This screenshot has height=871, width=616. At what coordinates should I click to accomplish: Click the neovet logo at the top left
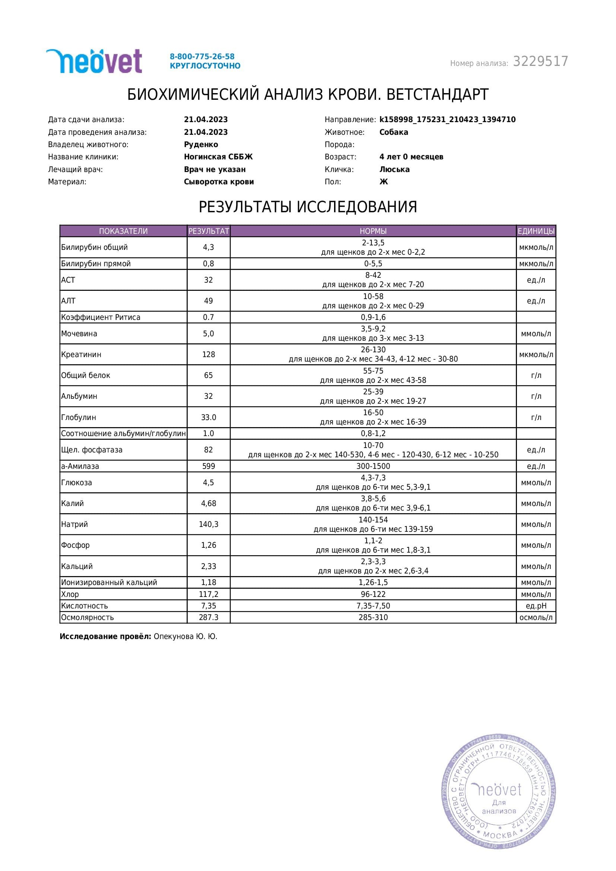click(x=94, y=61)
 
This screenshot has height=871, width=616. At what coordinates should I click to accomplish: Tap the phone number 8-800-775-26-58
click(x=202, y=57)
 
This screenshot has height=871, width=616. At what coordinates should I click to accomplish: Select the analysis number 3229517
click(x=540, y=61)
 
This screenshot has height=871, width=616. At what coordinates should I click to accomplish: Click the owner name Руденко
click(x=201, y=144)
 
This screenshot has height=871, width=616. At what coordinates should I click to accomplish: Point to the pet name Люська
click(x=394, y=169)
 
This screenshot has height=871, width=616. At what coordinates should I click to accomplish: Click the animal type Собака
click(x=393, y=132)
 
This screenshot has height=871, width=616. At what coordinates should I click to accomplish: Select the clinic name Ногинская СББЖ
click(x=218, y=157)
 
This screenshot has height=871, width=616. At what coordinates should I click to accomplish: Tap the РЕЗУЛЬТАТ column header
click(x=209, y=231)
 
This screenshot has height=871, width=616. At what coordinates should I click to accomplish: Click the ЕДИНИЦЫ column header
click(x=536, y=231)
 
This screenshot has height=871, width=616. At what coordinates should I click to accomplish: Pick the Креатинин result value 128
click(x=209, y=354)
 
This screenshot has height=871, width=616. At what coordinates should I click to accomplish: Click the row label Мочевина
click(x=79, y=333)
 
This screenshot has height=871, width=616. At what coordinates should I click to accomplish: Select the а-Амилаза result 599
click(x=209, y=466)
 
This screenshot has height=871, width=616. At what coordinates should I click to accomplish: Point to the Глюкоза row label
click(x=77, y=483)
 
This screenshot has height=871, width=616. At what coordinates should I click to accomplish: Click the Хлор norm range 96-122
click(x=373, y=594)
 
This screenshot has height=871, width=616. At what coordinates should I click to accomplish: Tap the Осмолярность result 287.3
click(x=209, y=617)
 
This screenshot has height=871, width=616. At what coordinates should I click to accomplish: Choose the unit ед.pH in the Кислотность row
click(x=536, y=606)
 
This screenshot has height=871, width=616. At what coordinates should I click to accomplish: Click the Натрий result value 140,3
click(x=209, y=524)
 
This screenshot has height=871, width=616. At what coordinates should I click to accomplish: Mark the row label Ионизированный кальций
click(x=109, y=582)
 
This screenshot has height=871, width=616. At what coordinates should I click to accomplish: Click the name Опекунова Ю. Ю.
click(x=185, y=636)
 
